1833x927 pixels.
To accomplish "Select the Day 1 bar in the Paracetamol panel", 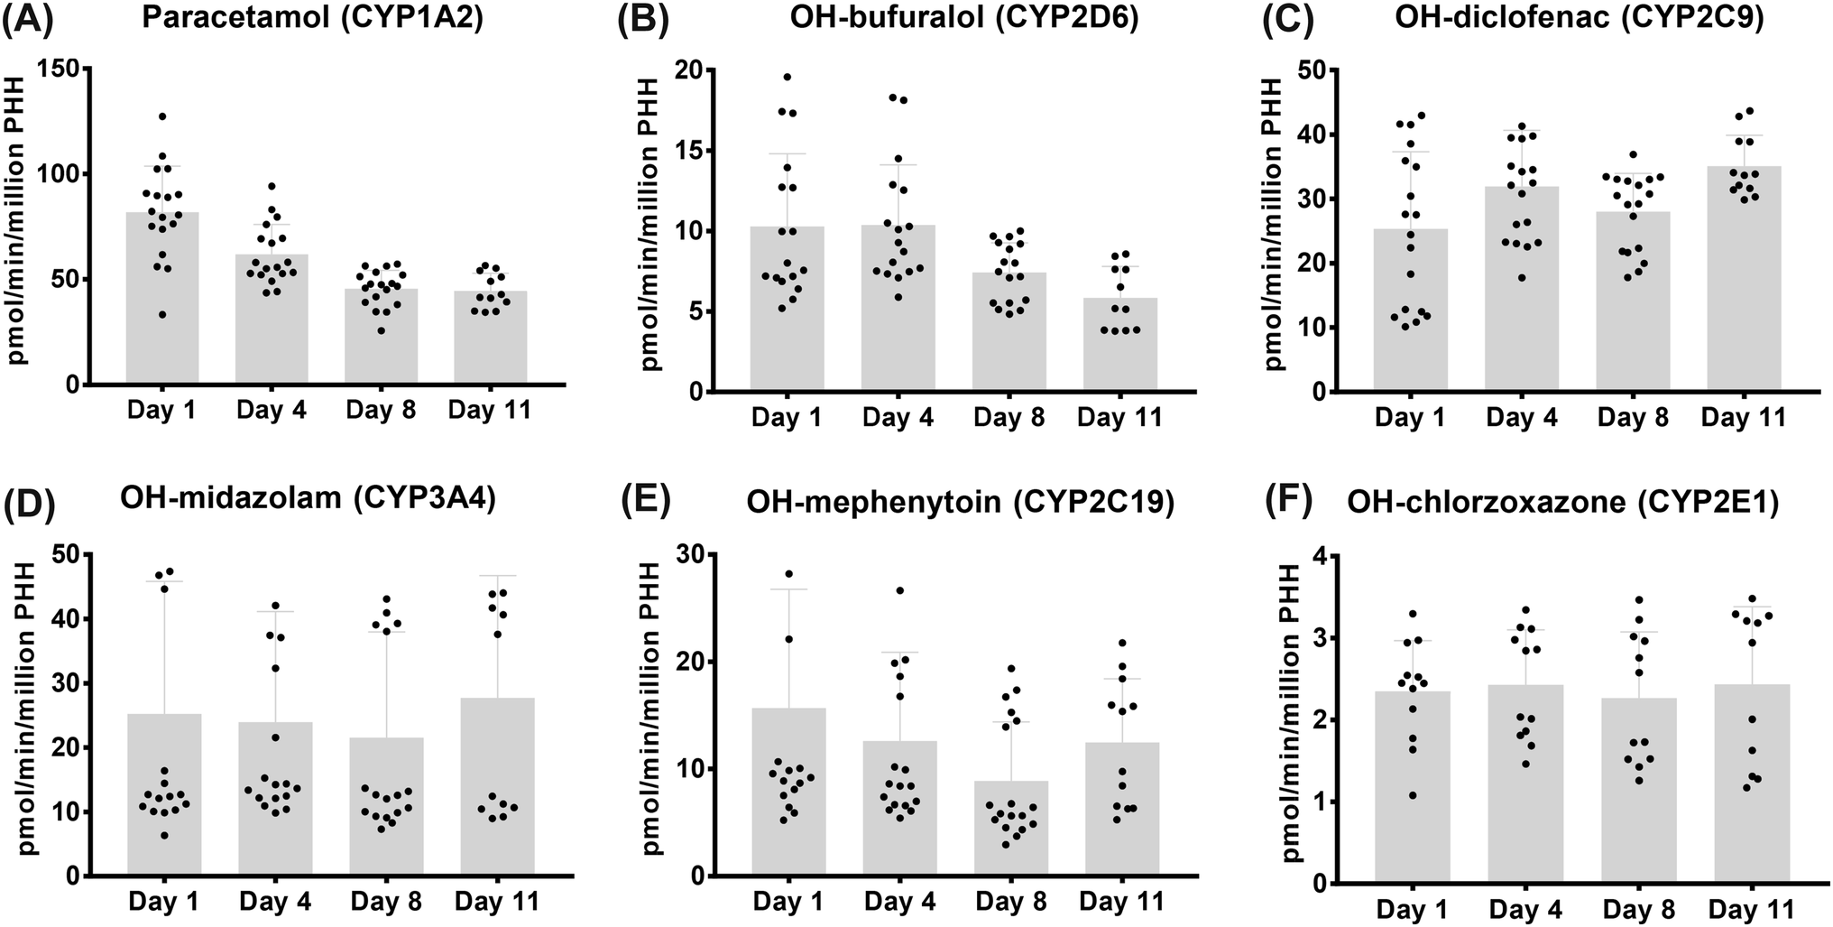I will click(x=162, y=298).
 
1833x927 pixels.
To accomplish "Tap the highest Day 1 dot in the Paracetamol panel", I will click(x=162, y=116).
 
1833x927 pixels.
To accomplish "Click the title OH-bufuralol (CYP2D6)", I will click(x=921, y=20).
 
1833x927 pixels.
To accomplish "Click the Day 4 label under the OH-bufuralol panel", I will click(x=898, y=418).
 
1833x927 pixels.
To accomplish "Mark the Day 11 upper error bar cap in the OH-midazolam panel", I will click(x=497, y=576).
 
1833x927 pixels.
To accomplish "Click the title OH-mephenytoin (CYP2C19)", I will click(x=960, y=503).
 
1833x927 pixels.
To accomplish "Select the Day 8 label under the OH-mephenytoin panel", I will click(x=1009, y=902).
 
